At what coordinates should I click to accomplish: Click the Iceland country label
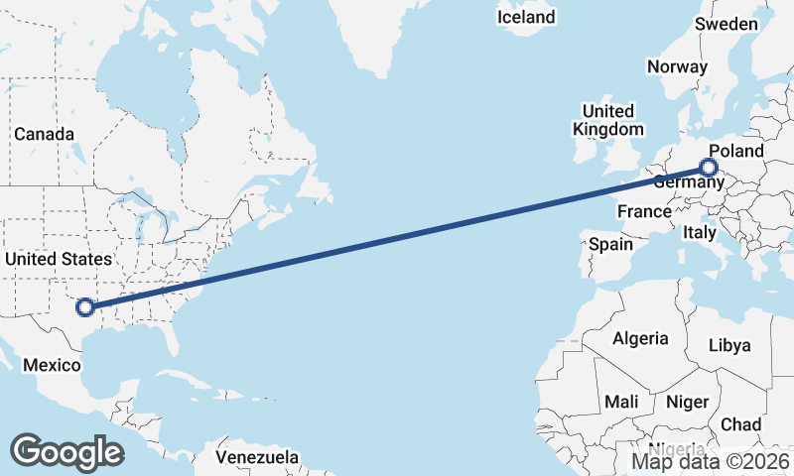pos(526,18)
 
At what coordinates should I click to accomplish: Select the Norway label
pos(677,67)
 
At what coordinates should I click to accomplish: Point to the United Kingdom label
pos(607,120)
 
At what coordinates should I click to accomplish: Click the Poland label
pos(736,151)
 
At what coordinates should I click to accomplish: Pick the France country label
pos(644,211)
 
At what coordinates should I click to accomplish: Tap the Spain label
pos(610,244)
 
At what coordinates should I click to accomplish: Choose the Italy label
pos(699,233)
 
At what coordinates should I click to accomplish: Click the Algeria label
pos(640,338)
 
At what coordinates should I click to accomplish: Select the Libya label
pos(728,346)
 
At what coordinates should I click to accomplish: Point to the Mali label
pos(622,402)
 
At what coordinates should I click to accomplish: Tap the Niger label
pos(686,402)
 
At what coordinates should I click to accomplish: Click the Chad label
pos(740,424)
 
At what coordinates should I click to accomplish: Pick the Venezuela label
pos(258,458)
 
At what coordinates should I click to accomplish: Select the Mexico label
pos(52,365)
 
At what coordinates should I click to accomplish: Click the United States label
pos(59,259)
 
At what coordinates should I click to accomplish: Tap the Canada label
pos(44,134)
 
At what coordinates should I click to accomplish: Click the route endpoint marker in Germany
pos(709,168)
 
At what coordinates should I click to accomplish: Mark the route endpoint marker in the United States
pos(85,307)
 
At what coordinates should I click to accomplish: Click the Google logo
pos(66,451)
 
